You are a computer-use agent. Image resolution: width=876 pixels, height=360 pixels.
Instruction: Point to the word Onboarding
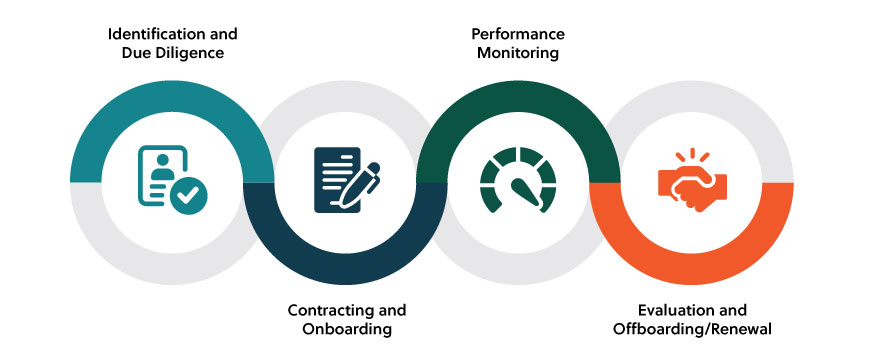tap(347, 329)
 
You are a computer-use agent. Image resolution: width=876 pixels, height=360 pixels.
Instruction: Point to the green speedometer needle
tap(522, 191)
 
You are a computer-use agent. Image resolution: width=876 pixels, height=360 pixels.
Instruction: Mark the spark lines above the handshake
tap(691, 156)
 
